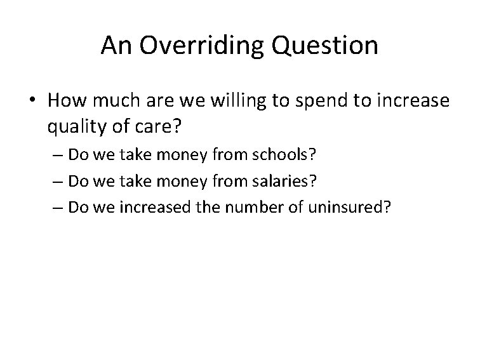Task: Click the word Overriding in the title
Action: point(195,45)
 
